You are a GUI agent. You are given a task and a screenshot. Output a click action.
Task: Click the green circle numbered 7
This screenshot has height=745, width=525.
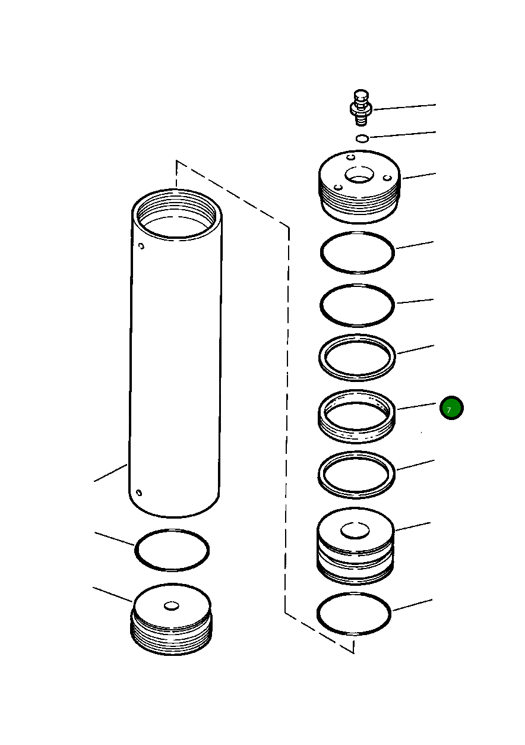451,408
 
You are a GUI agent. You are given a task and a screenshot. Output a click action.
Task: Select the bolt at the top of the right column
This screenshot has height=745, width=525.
360,106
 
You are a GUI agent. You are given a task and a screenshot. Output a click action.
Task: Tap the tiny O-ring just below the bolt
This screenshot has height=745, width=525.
362,138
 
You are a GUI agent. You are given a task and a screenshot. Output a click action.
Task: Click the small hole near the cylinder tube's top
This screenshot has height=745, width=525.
141,246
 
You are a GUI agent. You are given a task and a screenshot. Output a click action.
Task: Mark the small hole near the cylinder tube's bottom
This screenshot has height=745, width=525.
138,493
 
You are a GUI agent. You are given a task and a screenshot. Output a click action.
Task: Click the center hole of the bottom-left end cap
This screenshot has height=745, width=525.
172,605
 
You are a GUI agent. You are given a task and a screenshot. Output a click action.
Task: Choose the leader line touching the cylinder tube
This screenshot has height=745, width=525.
110,473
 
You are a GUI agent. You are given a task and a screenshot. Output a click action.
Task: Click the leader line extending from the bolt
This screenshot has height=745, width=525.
404,107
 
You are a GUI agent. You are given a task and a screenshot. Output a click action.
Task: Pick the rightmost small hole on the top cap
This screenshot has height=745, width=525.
387,177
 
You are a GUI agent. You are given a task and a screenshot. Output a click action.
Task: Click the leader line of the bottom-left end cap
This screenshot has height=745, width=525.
113,594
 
